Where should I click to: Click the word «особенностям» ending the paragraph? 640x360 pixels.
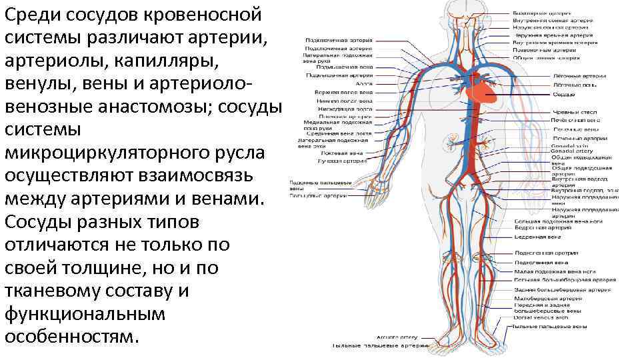(72, 335)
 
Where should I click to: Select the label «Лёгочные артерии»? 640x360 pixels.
(579, 77)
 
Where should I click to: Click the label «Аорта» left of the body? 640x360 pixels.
(363, 85)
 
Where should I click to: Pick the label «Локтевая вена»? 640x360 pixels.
(351, 153)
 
